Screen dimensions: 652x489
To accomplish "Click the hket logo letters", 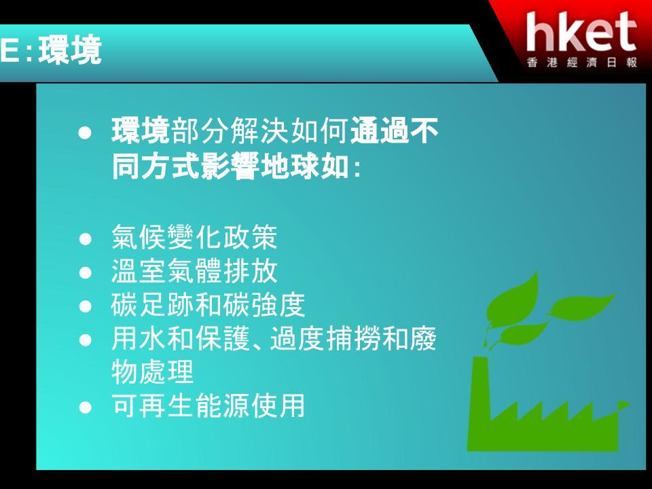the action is pos(581,32).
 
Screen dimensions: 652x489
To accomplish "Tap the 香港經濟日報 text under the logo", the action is pos(582,62).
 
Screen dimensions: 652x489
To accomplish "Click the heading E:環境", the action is pos(51,50).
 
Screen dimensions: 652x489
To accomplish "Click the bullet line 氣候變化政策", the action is pos(194,238).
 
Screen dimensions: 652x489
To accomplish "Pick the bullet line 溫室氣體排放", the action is pos(194,271).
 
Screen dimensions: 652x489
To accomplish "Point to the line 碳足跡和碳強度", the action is pos(209,304).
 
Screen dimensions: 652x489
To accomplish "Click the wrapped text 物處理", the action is pos(153,372).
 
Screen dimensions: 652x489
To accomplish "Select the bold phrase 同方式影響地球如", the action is pos(230,166).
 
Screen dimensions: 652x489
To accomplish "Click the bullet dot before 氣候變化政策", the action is pos(86,239).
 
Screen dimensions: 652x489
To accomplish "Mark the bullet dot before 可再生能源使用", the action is pos(86,407).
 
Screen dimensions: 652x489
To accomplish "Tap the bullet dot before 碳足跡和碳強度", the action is pos(86,306).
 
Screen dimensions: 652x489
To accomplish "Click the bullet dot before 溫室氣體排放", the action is pos(86,273).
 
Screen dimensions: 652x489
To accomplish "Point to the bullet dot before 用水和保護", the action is pos(86,340).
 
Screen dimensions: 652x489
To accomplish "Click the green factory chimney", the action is pos(480,399).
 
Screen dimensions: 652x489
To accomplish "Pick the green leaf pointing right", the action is pos(581,307).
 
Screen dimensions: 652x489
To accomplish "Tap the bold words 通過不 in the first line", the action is pos(394,131).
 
